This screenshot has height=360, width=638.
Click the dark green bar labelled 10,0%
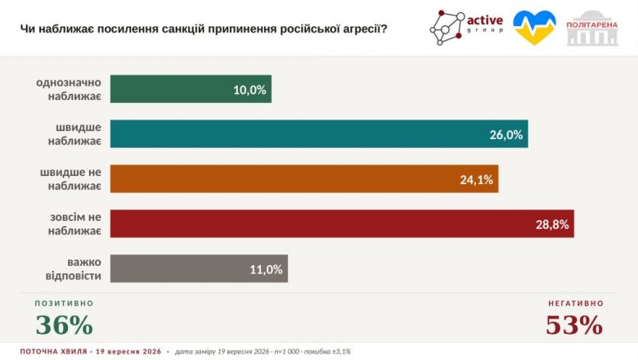pos(191,89)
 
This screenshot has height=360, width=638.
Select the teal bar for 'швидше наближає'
pos(319,134)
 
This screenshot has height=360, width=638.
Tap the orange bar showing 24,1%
pos(304,178)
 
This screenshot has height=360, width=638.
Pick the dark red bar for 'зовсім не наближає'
pos(342,223)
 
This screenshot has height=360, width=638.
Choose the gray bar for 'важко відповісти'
pos(199,268)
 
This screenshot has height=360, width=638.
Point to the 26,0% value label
pos(505,135)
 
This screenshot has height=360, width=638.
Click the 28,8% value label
pos(552,224)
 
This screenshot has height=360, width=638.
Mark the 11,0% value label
pos(266,269)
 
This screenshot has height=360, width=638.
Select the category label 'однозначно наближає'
pos(69,89)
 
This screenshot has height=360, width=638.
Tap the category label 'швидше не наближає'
pos(71,179)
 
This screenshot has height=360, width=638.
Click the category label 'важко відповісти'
pos(74,268)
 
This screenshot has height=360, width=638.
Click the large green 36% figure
pos(65,325)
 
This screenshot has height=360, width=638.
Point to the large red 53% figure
pos(574,325)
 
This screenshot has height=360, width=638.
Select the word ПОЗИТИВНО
pos(65,304)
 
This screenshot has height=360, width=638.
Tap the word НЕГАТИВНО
pos(576,304)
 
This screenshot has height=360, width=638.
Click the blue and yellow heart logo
pos(534,27)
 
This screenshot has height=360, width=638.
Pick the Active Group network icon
pos(447,28)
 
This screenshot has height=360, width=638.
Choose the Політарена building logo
pos(592,28)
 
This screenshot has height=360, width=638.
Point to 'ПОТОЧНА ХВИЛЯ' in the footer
pos(54,352)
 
